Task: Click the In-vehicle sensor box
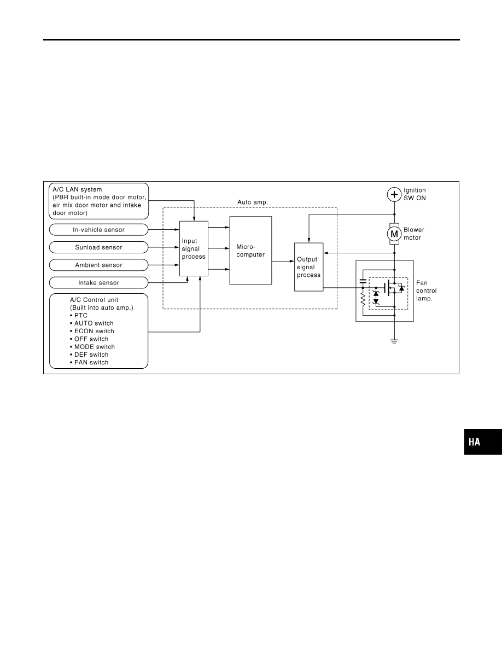click(98, 230)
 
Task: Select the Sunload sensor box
click(98, 247)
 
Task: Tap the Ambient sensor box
click(98, 265)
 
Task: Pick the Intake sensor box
click(98, 283)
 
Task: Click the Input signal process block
click(194, 249)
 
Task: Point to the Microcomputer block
click(250, 251)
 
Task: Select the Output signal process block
click(308, 267)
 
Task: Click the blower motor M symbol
click(394, 234)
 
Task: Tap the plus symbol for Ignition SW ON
click(394, 194)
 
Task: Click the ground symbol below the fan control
click(394, 341)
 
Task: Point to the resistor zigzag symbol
click(363, 299)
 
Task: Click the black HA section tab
click(483, 442)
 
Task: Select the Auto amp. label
click(253, 202)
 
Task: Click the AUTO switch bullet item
click(91, 323)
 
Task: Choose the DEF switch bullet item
click(89, 355)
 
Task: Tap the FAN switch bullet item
click(89, 362)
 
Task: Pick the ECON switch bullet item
click(92, 331)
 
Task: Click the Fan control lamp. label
click(426, 291)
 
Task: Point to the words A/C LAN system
click(77, 189)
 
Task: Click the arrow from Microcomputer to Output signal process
click(283, 261)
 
